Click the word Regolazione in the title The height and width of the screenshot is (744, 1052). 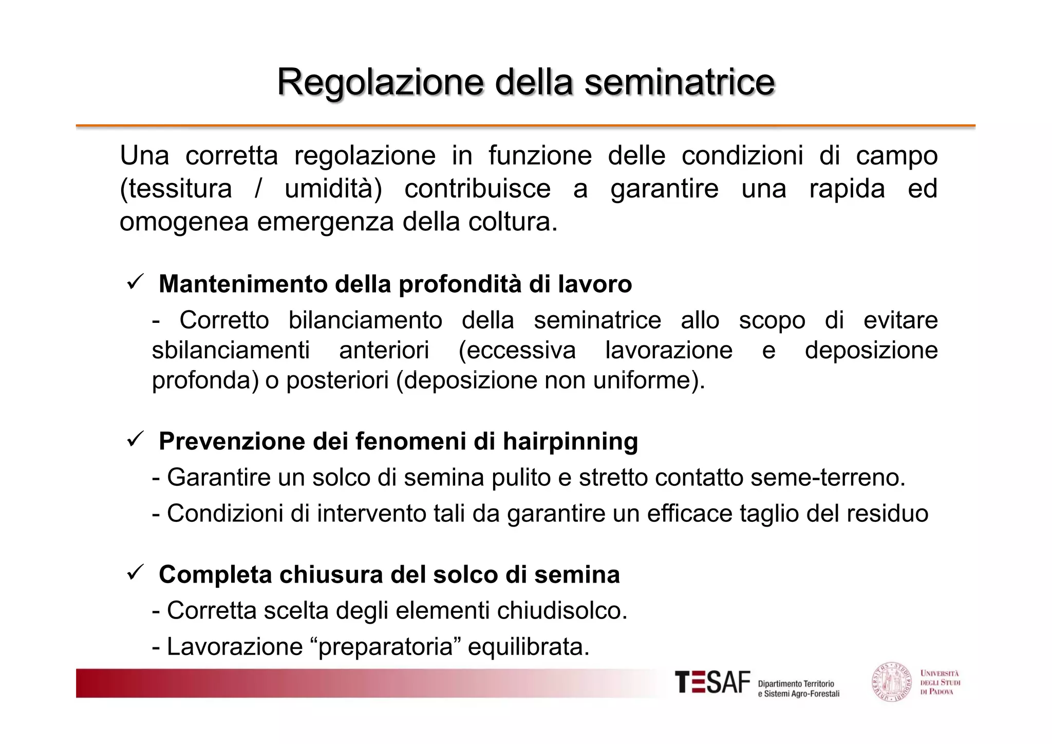point(380,82)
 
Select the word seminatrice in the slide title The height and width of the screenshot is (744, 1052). point(680,82)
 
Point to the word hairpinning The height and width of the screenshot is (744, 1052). point(570,442)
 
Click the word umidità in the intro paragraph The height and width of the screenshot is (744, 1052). point(333,189)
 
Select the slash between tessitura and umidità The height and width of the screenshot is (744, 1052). point(258,189)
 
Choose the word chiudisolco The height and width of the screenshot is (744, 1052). point(561,611)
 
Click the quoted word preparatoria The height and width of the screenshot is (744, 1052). point(386,647)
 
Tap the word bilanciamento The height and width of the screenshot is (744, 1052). point(365,320)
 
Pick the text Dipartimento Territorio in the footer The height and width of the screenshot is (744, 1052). point(796,684)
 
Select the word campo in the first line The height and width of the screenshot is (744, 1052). point(896,156)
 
